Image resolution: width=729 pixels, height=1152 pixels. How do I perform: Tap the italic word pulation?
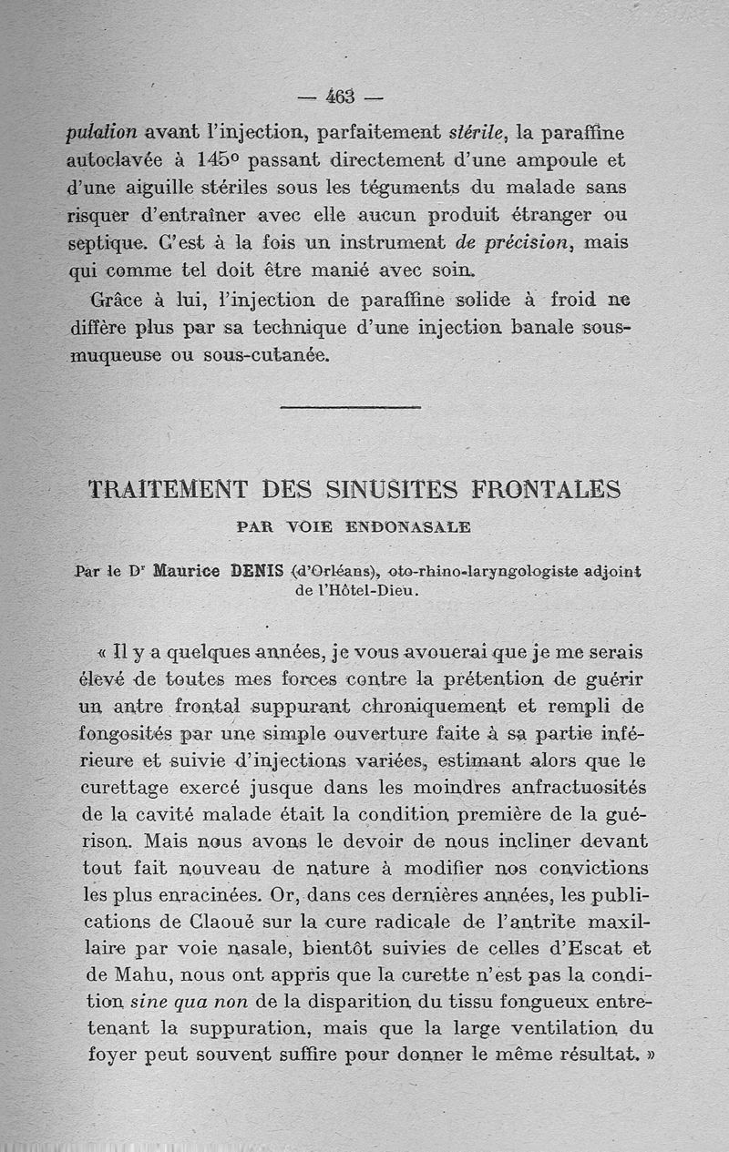point(102,132)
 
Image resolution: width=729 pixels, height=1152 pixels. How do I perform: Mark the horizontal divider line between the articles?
point(350,406)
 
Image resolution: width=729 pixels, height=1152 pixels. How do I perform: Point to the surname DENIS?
point(260,572)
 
